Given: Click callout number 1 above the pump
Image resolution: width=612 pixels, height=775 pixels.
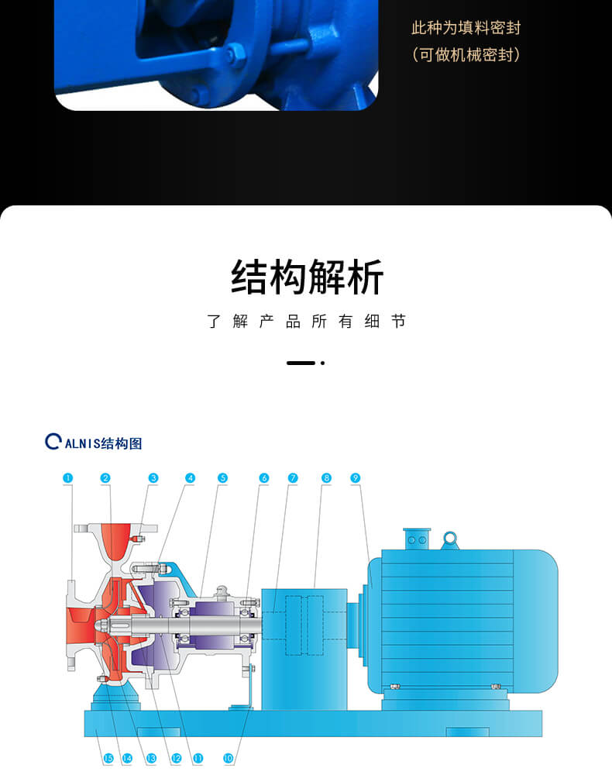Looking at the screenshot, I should (68, 478).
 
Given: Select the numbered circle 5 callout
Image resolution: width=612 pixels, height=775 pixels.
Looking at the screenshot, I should (222, 478).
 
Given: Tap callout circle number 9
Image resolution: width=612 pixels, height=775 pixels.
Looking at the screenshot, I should (355, 478).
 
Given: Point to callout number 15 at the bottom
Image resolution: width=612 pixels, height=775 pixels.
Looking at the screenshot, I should (108, 759).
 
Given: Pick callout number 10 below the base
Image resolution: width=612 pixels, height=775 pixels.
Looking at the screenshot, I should (228, 759).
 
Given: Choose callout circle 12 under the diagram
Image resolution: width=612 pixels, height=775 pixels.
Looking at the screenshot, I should (176, 759).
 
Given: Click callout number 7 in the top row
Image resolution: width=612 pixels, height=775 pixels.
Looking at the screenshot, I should (293, 478).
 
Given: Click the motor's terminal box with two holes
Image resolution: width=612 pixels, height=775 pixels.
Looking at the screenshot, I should (417, 539).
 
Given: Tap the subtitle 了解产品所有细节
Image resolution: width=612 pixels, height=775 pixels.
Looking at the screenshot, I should (307, 322).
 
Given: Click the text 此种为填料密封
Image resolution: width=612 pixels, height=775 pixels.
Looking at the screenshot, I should (466, 29).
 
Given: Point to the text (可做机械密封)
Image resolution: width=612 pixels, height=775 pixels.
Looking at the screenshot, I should (466, 55).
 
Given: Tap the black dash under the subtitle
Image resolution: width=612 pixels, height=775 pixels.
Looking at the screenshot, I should (301, 363).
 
